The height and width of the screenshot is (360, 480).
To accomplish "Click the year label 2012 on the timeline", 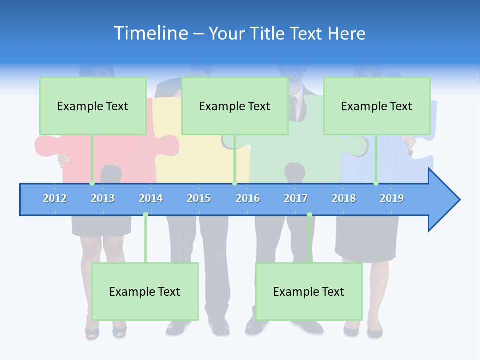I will [55, 198].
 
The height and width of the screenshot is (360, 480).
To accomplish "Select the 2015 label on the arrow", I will [199, 198].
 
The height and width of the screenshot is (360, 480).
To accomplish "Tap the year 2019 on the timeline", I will [392, 198].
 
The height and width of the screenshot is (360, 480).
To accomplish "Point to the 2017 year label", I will [296, 198].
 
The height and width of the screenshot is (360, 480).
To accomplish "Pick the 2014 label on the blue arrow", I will [151, 198].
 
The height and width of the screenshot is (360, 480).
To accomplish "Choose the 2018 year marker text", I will [344, 198].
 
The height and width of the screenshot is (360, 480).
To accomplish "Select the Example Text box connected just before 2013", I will [93, 106].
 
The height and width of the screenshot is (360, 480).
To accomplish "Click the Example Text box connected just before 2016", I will [235, 106].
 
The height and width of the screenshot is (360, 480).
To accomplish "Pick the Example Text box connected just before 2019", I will [377, 106].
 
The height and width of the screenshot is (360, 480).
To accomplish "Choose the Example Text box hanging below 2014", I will [145, 291].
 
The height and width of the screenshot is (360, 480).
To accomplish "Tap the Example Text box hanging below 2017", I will [309, 291].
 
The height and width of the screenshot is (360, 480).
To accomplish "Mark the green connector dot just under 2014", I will [145, 215].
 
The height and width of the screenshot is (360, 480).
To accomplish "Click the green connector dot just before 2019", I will [376, 183].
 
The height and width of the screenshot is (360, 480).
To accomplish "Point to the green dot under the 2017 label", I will [309, 215].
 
